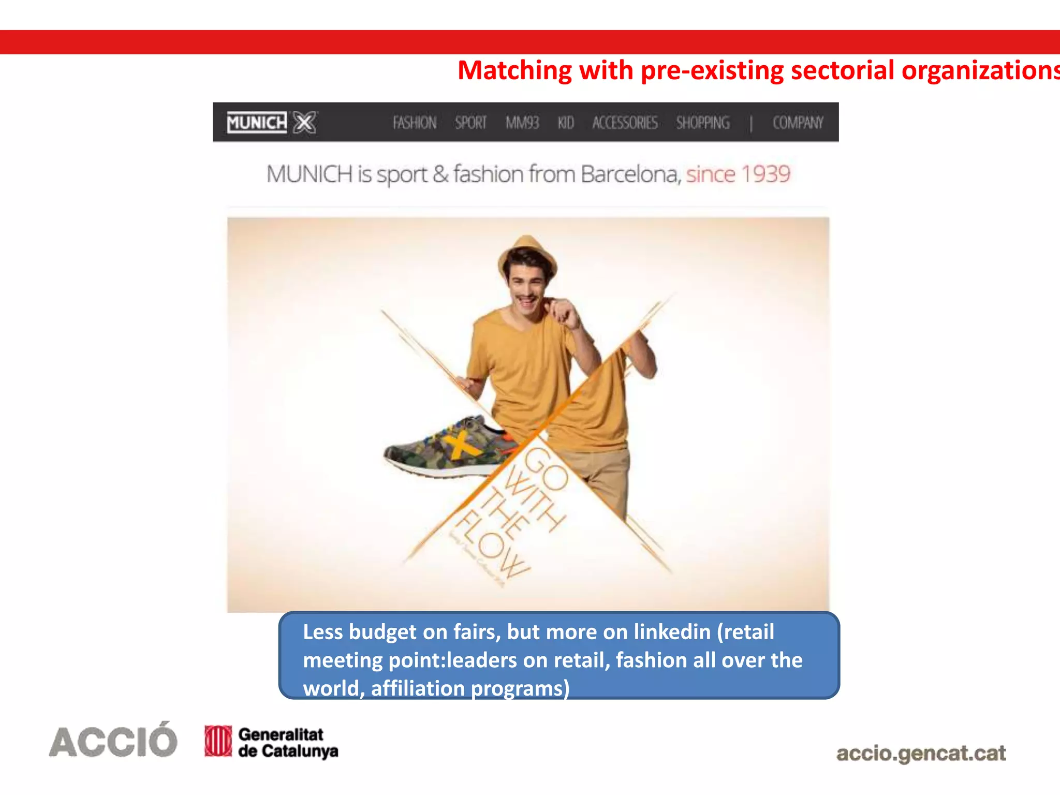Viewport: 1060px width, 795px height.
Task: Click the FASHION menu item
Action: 415,123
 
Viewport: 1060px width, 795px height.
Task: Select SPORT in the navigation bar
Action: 470,123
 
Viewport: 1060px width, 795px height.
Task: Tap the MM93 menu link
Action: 522,123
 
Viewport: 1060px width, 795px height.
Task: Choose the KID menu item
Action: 566,123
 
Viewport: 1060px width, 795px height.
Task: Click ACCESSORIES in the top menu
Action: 625,123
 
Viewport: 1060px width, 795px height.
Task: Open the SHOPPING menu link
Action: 703,123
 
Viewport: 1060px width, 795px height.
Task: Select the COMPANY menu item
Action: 798,123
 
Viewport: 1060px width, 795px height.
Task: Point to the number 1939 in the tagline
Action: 766,174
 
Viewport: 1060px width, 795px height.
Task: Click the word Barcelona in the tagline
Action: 629,174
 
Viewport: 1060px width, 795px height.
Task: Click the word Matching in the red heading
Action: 514,70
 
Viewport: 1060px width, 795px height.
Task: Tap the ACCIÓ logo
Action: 113,741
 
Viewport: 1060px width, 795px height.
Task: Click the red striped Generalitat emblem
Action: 218,741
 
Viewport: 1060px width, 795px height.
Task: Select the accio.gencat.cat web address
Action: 921,753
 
